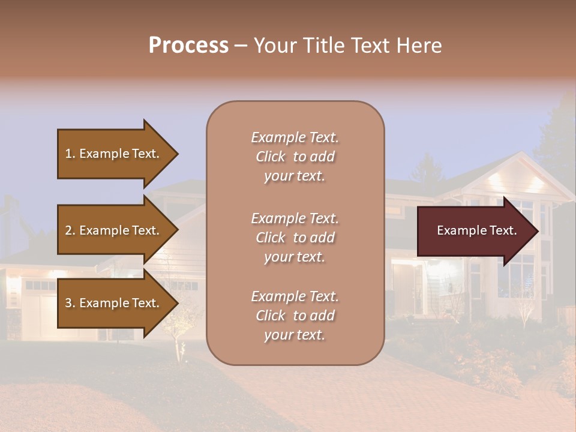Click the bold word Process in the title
(x=188, y=46)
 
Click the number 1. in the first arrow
(x=70, y=154)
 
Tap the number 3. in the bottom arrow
(x=70, y=303)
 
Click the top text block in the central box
(x=295, y=157)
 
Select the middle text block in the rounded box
(x=295, y=238)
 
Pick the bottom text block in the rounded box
(x=295, y=316)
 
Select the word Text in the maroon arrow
(x=503, y=230)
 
